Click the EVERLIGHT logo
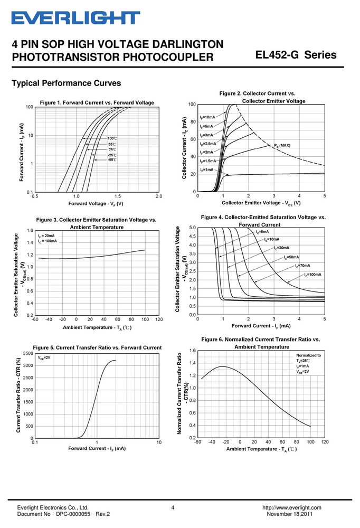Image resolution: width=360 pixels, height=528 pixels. tap(76, 18)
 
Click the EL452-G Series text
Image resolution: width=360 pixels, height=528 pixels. tap(296, 54)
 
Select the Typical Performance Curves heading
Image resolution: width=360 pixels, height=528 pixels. tap(67, 83)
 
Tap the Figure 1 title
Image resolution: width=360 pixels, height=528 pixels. tap(97, 102)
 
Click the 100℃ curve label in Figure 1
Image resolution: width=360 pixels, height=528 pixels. tap(112, 138)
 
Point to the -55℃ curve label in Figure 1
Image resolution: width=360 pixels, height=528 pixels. tap(112, 159)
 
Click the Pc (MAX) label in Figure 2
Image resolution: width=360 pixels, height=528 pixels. tap(282, 146)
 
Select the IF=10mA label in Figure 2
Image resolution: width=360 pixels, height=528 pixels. tap(207, 117)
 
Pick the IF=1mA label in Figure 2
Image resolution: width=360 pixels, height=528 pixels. tap(206, 169)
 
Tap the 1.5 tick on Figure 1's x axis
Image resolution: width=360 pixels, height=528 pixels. tap(118, 196)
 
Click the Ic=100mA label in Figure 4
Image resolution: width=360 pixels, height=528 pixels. tap(312, 275)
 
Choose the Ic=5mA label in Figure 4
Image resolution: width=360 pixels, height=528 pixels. tap(262, 232)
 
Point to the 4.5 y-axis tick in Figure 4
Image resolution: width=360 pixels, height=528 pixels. tap(192, 237)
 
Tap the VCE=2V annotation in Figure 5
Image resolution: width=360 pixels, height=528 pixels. tap(44, 357)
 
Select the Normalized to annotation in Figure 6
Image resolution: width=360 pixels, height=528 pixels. tap(308, 355)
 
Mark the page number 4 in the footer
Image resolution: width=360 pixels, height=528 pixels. tap(173, 507)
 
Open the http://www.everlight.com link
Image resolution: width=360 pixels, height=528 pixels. tap(291, 507)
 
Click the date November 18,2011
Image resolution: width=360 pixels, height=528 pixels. tap(290, 514)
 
